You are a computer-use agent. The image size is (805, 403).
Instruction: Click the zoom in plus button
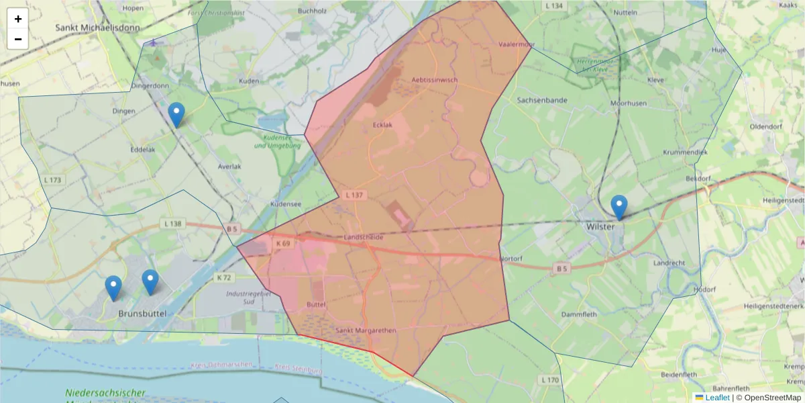pos(18,19)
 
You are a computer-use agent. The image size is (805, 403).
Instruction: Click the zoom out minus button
pos(18,39)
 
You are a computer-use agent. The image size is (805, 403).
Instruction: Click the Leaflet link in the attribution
pos(717,398)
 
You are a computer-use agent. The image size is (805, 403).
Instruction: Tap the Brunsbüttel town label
pos(142,314)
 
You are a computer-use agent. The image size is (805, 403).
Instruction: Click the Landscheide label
pos(363,238)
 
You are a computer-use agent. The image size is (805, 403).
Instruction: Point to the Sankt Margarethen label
pos(366,330)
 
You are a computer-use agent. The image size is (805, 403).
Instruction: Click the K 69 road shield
pos(282,242)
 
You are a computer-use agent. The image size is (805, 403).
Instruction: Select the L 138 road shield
pos(172,223)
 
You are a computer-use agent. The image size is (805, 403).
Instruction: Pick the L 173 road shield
pos(52,180)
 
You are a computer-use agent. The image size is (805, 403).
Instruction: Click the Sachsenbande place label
pos(542,100)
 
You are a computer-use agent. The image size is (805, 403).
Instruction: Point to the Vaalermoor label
pos(517,44)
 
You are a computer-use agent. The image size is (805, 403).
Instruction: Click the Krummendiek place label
pos(685,152)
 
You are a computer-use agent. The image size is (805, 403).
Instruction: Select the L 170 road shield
pos(549,380)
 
